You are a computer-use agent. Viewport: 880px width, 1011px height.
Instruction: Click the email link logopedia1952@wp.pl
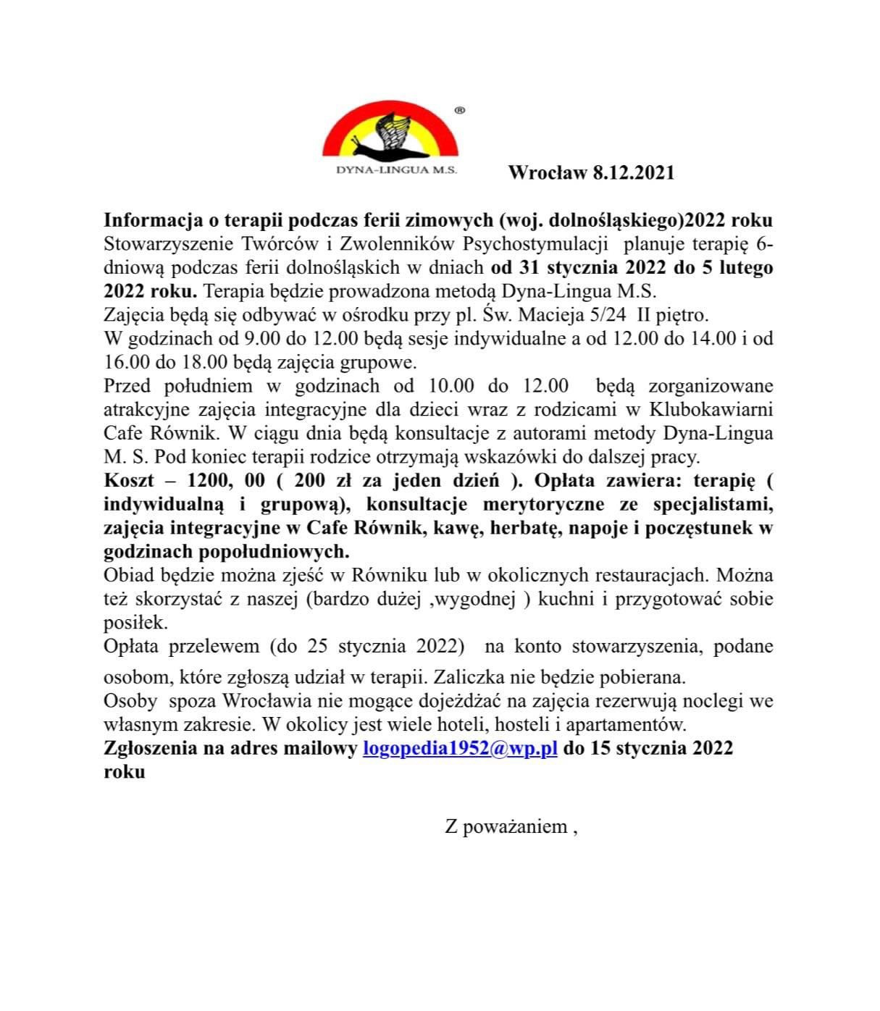(x=459, y=748)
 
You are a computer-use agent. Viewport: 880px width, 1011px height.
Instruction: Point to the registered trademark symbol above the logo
(x=459, y=110)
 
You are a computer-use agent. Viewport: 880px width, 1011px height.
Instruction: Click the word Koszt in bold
(x=130, y=480)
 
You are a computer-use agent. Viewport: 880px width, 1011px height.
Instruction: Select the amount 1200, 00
(x=227, y=480)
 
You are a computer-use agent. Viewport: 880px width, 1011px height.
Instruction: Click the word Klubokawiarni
(x=711, y=409)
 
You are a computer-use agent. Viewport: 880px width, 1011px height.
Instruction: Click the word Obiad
(x=127, y=576)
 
